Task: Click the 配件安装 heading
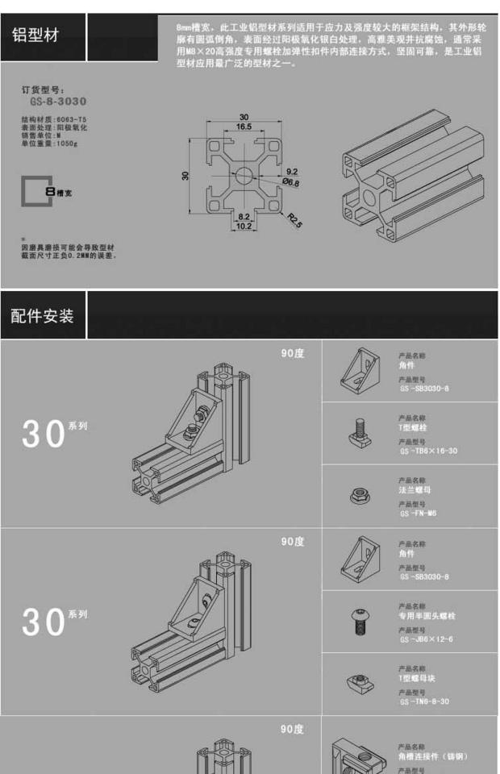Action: pos(42,315)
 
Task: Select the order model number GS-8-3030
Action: pos(58,102)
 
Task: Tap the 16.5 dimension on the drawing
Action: pos(244,127)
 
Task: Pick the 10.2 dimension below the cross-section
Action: pos(244,226)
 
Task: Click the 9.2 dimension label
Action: pos(291,171)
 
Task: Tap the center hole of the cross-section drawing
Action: pos(244,174)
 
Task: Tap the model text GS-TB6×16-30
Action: pos(427,451)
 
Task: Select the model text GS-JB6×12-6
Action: pos(426,639)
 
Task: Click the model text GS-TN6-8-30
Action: pos(424,701)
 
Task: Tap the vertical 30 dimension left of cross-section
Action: pos(185,175)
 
